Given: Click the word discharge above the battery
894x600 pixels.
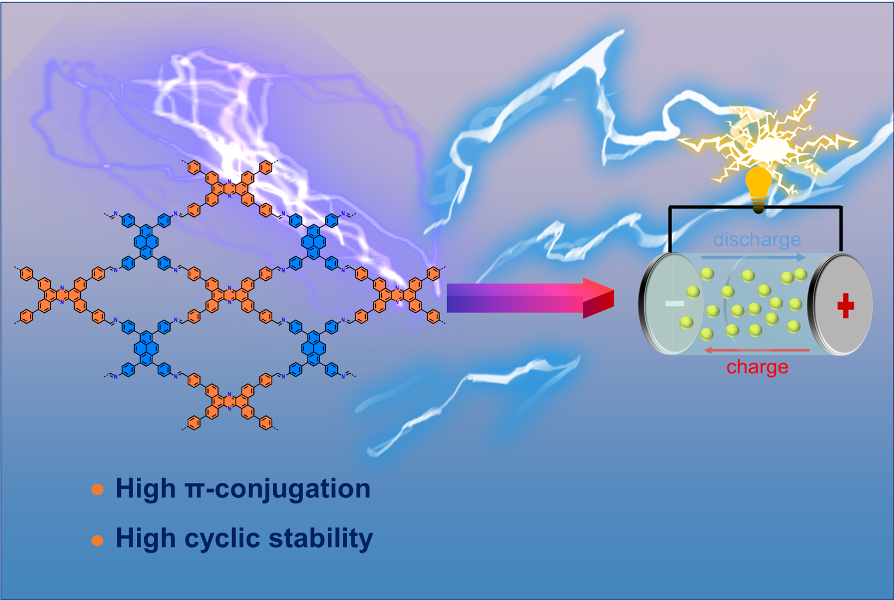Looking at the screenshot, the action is [x=757, y=240].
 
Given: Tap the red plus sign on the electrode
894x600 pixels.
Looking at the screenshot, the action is [x=845, y=306].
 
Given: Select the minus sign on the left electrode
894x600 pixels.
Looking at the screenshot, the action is [x=674, y=304].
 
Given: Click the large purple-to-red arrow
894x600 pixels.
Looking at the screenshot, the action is [x=530, y=298].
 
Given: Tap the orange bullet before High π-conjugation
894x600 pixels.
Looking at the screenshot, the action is [x=97, y=489].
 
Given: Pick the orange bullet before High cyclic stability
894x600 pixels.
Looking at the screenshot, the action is [x=97, y=540].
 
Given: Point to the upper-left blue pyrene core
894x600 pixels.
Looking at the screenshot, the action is [x=146, y=242].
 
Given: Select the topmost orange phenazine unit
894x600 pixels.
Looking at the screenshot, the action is [x=230, y=189].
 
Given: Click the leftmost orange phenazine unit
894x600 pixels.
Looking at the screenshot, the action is [x=62, y=295].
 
